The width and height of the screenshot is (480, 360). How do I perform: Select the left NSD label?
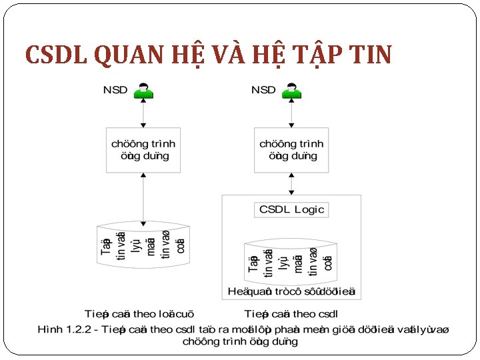pyautogui.click(x=115, y=90)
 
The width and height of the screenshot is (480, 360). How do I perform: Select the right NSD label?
pyautogui.click(x=263, y=90)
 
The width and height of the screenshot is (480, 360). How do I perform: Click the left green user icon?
pyautogui.click(x=143, y=91)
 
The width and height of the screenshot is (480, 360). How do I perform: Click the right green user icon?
pyautogui.click(x=291, y=91)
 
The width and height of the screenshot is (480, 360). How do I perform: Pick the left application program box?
pyautogui.click(x=143, y=150)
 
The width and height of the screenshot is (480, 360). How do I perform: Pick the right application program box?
pyautogui.click(x=291, y=150)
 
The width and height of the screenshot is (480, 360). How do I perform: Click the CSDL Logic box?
pyautogui.click(x=291, y=209)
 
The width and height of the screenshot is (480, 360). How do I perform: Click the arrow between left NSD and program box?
pyautogui.click(x=143, y=114)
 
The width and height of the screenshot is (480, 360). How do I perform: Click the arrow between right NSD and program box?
pyautogui.click(x=291, y=114)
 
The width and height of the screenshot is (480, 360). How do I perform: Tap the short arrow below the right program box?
pyautogui.click(x=291, y=183)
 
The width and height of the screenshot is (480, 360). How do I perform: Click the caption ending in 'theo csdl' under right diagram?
pyautogui.click(x=291, y=314)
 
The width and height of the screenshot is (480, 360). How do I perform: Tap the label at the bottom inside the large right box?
pyautogui.click(x=291, y=291)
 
